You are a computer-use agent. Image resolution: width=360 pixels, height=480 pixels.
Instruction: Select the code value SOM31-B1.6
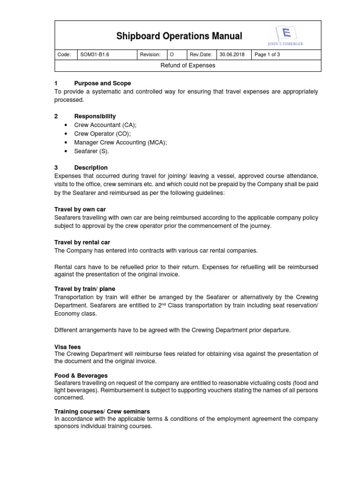95,55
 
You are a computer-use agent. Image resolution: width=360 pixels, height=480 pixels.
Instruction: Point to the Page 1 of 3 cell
267,55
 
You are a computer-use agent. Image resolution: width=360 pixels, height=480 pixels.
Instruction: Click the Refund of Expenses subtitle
187,66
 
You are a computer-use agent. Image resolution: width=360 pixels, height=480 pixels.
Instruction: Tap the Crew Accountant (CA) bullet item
105,125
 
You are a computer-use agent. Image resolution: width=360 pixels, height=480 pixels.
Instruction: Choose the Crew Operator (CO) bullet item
102,134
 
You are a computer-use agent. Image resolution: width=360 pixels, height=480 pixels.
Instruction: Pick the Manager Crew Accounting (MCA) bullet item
120,142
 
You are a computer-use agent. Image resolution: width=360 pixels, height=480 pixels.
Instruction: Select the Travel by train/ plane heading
85,289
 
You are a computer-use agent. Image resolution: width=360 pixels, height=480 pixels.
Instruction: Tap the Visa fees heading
68,347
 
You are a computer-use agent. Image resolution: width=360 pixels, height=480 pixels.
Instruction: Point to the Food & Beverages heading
81,375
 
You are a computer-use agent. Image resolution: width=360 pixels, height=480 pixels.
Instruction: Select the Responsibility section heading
95,116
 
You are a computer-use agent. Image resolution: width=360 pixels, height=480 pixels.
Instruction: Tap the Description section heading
90,167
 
